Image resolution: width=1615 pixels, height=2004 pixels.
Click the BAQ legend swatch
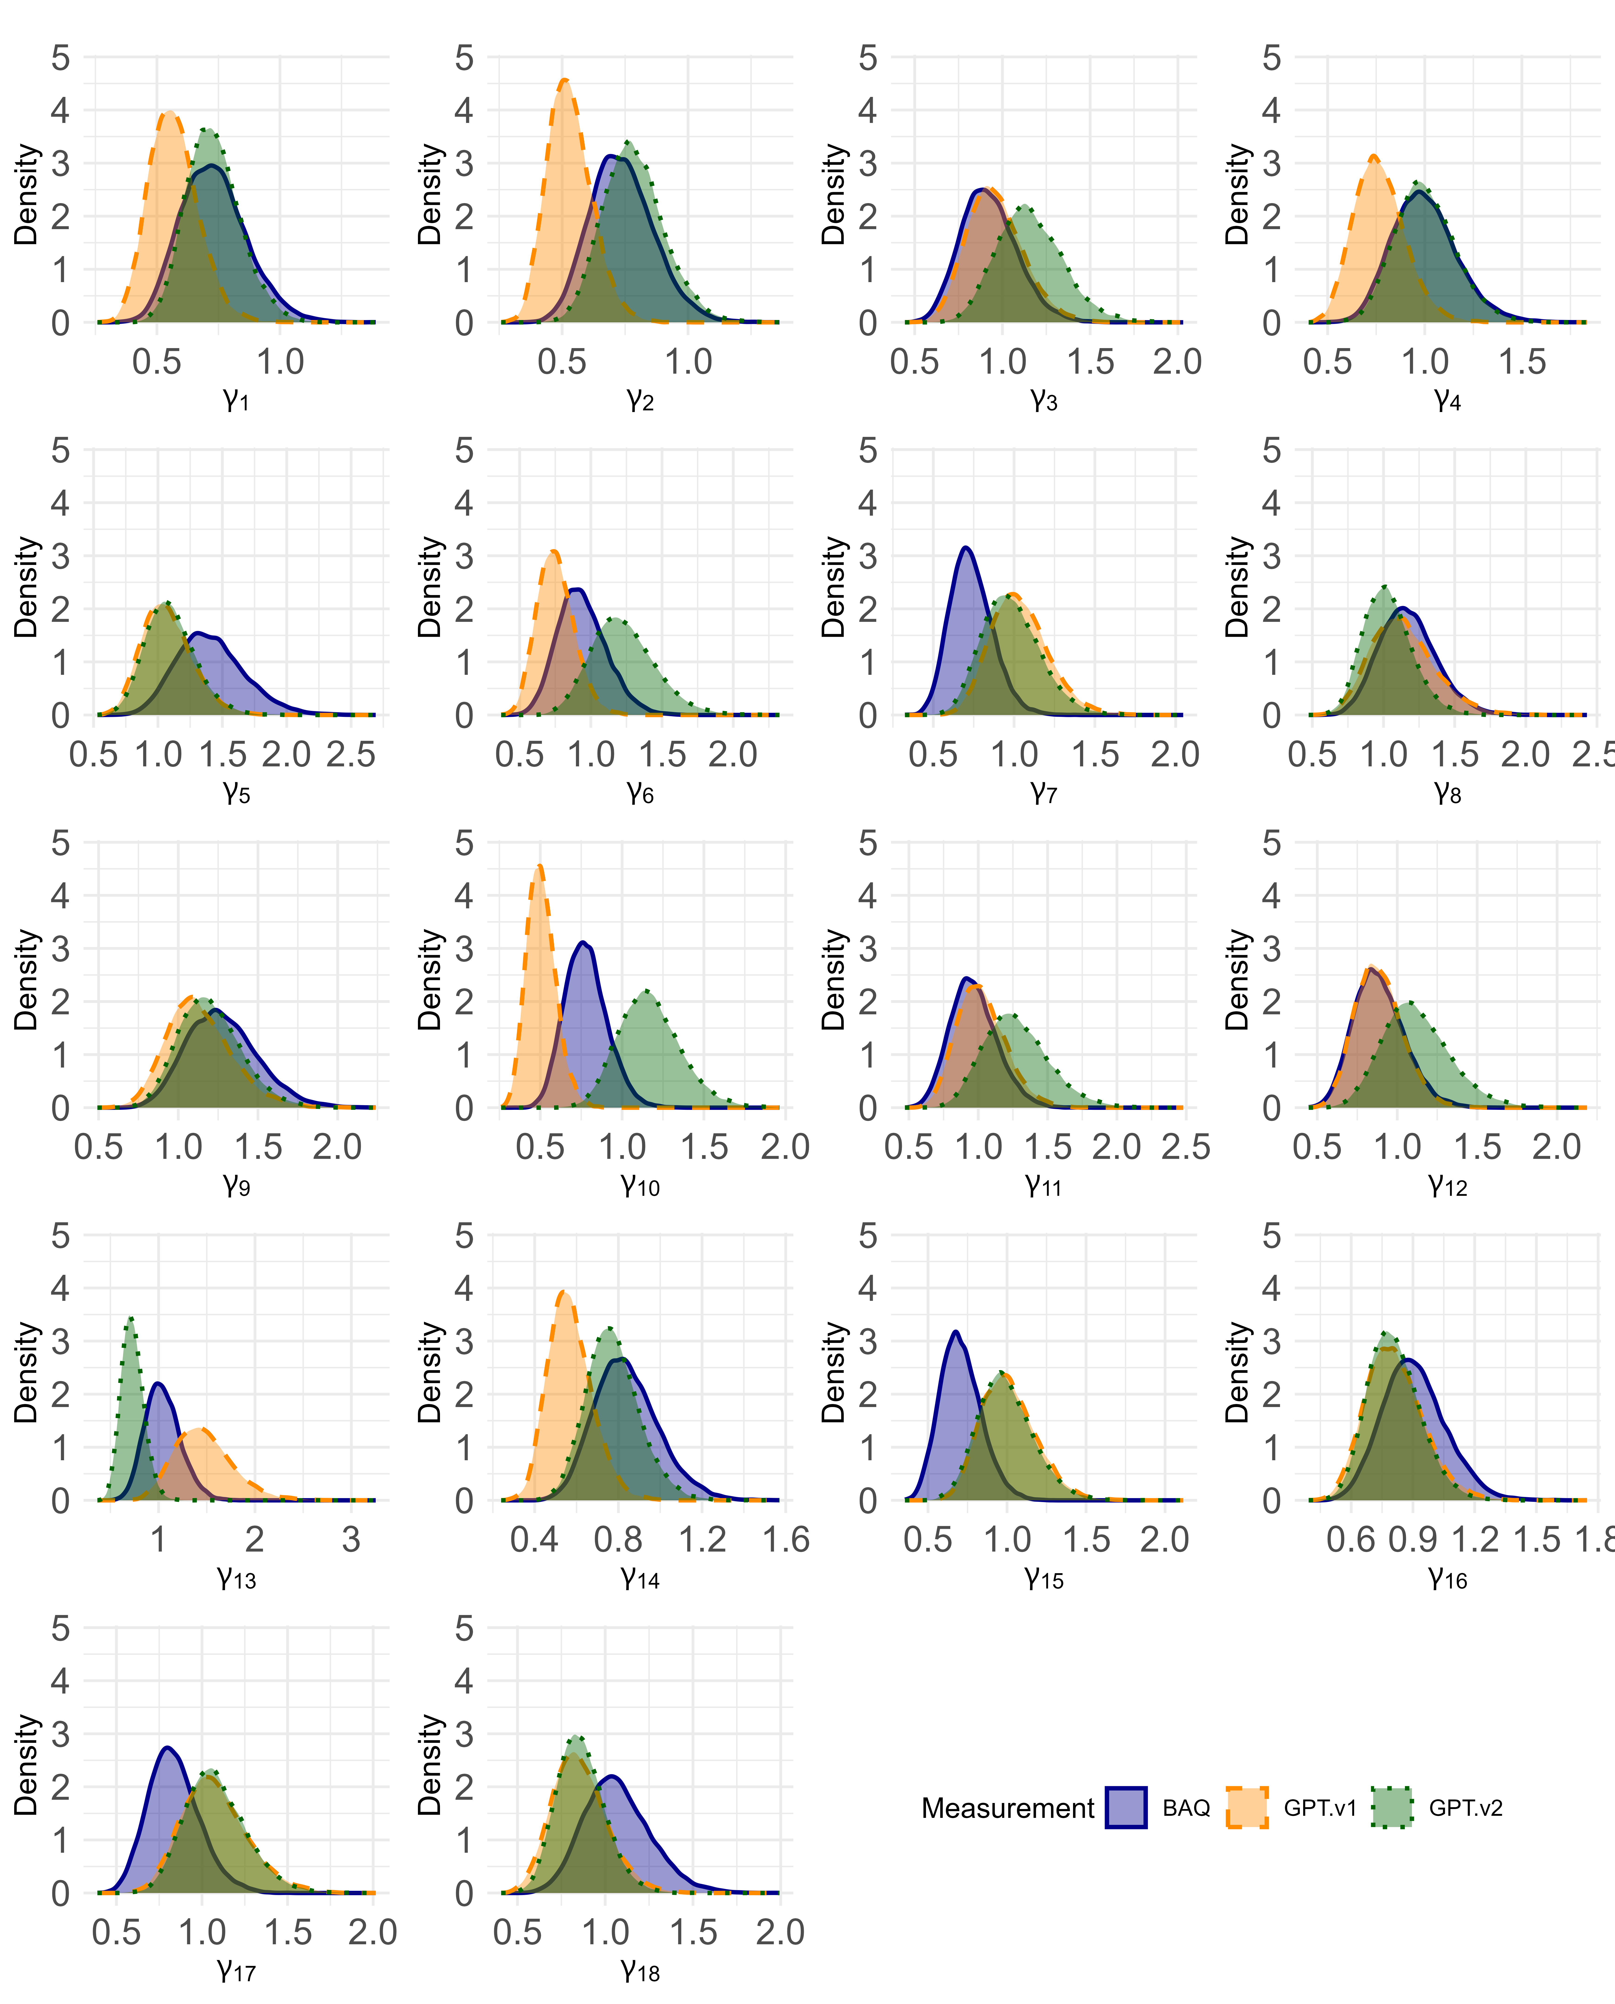[x=1126, y=1808]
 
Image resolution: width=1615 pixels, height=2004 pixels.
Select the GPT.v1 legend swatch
[x=1247, y=1808]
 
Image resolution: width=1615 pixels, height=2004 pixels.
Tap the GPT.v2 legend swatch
[x=1392, y=1808]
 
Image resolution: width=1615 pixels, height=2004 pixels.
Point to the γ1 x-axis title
[x=236, y=400]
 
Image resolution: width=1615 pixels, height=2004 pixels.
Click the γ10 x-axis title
[x=640, y=1185]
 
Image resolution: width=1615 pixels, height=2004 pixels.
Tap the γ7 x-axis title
[x=1044, y=793]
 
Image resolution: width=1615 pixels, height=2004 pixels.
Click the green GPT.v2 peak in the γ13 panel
[x=131, y=1318]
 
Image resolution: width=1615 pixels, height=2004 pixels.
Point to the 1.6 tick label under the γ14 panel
[x=786, y=1540]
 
